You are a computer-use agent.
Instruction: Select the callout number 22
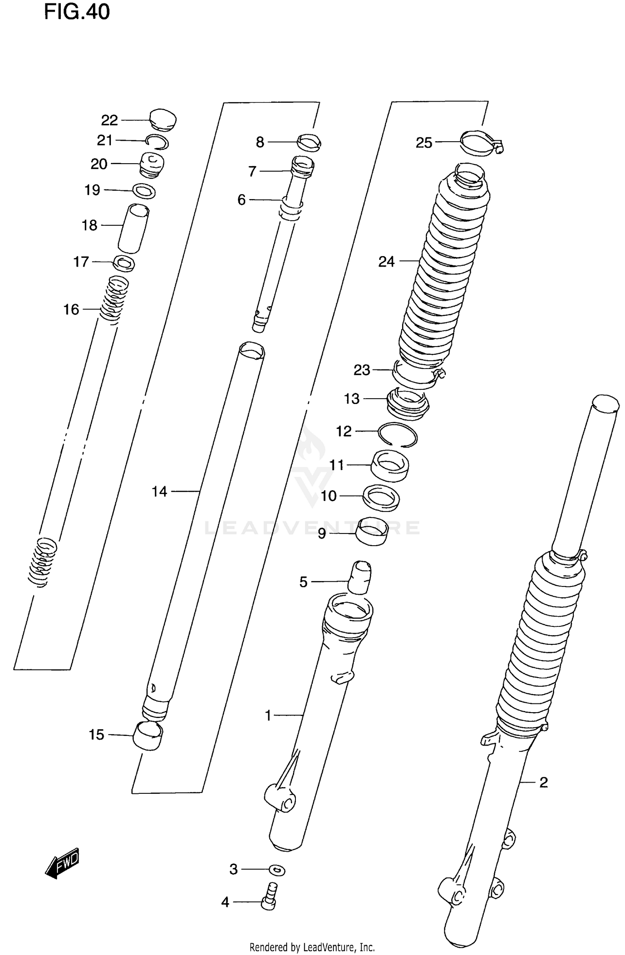click(110, 120)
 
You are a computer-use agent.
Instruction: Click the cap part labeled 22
click(163, 119)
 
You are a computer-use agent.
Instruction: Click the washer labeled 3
click(277, 870)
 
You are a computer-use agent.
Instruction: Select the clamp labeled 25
click(479, 143)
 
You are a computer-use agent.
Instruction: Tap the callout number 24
click(386, 262)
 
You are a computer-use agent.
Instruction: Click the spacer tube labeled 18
click(133, 228)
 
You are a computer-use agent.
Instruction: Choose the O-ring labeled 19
click(144, 192)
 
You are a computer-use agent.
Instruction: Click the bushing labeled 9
click(371, 531)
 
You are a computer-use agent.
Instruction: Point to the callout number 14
click(159, 491)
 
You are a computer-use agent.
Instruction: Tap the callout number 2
click(543, 783)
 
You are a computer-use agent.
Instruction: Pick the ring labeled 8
click(309, 142)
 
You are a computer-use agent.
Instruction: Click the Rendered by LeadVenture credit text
click(312, 947)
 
